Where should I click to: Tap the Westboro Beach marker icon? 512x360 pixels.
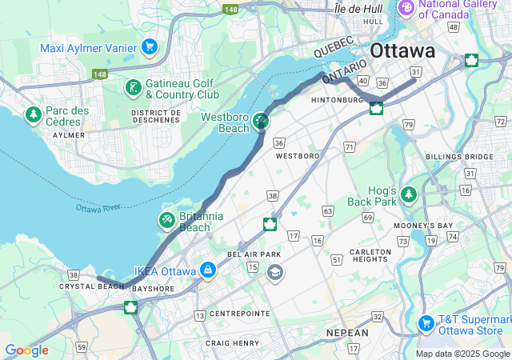[261, 122]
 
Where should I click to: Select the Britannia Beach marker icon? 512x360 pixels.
[167, 218]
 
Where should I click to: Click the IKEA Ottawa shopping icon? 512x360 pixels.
[208, 270]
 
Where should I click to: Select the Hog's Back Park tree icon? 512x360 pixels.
[409, 194]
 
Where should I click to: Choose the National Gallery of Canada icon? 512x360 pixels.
[406, 8]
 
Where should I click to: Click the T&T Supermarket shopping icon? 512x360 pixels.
[426, 323]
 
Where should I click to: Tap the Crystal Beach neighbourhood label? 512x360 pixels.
[91, 286]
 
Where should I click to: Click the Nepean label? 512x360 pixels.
[347, 332]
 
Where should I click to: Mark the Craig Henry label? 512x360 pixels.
[232, 342]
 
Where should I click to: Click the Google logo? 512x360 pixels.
[26, 350]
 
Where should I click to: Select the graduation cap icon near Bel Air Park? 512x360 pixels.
[275, 274]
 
